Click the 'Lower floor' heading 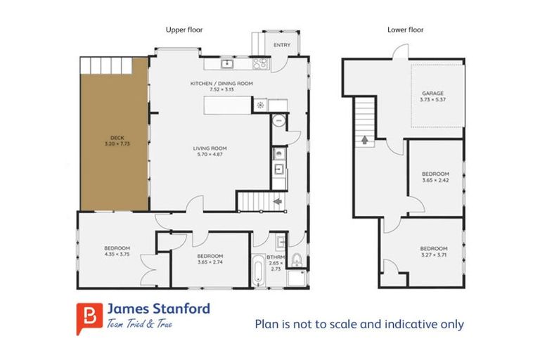[405, 30]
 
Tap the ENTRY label [281, 46]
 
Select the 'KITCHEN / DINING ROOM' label [221, 84]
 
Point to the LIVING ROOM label [211, 148]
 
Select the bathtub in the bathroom [258, 271]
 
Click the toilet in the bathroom [297, 261]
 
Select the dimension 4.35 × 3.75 [117, 255]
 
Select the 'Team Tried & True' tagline [139, 324]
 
